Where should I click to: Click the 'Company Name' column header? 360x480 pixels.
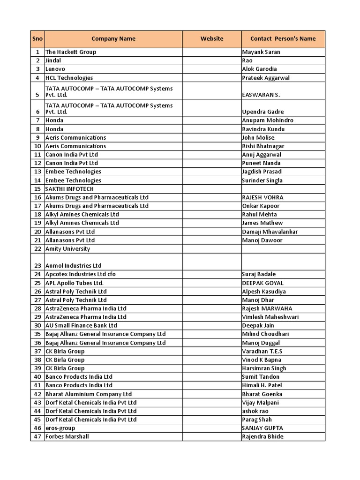tap(113, 39)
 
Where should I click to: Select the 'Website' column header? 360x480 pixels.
tap(212, 39)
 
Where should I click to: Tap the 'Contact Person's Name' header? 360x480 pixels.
tap(283, 39)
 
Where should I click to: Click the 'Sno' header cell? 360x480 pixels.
tap(37, 39)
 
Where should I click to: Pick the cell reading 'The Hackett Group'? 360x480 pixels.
tap(71, 52)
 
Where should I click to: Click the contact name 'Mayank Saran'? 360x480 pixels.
tap(261, 52)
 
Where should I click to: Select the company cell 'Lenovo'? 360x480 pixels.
tap(55, 69)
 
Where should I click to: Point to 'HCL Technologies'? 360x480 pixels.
tap(69, 78)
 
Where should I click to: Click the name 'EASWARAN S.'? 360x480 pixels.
tap(261, 95)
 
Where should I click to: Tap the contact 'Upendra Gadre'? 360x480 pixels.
tap(262, 112)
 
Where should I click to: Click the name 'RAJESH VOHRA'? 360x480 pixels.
tap(262, 197)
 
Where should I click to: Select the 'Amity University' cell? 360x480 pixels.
tap(67, 249)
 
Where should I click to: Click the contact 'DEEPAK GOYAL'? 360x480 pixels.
tap(262, 283)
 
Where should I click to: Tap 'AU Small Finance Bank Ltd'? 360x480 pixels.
tap(81, 325)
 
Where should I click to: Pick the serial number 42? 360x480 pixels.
tap(37, 394)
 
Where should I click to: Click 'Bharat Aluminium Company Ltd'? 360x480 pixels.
tap(89, 394)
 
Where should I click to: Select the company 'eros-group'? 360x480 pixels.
tap(60, 428)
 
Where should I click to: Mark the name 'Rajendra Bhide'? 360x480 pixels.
tap(262, 437)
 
